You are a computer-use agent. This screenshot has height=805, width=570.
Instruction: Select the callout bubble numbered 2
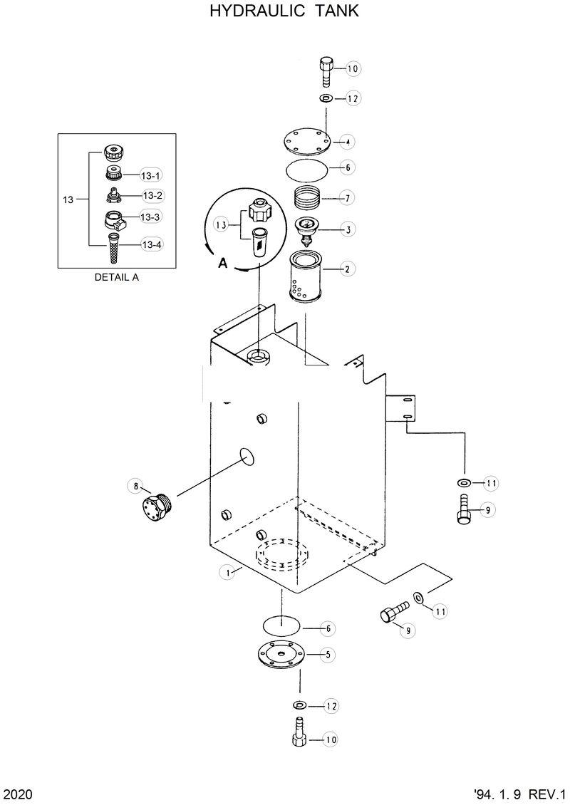point(347,269)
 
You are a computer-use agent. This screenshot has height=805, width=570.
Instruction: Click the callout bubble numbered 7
point(347,197)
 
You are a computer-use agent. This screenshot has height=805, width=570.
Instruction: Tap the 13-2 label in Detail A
point(152,195)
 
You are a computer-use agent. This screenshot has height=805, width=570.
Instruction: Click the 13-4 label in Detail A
point(152,244)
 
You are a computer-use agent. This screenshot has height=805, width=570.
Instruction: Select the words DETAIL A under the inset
point(116,278)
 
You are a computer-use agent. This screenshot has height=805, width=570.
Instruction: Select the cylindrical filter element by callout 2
point(306,279)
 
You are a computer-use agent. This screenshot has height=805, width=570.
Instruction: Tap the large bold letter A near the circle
point(222,263)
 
